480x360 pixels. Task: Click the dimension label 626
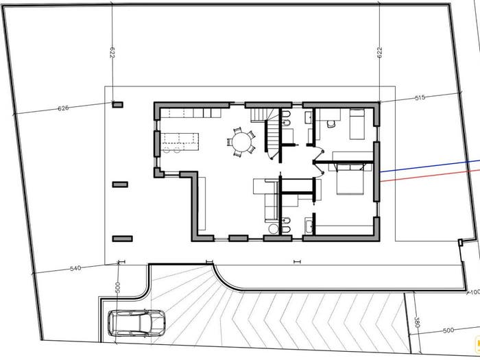tap(63, 108)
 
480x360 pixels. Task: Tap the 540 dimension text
tap(75, 269)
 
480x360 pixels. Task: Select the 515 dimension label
tap(420, 97)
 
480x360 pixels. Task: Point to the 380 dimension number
tap(417, 322)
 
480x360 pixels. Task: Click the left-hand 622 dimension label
tap(112, 52)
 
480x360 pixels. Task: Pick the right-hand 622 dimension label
tap(380, 52)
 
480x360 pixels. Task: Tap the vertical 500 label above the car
tap(118, 287)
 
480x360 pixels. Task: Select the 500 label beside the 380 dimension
tap(448, 331)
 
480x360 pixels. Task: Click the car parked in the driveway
tap(136, 323)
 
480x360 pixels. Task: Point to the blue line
tap(430, 166)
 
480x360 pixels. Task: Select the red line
tap(430, 176)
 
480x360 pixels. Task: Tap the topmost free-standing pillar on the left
tap(117, 105)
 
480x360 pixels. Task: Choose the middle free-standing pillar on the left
tap(120, 184)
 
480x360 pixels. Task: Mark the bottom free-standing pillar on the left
tap(123, 239)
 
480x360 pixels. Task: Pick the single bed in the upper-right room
tap(357, 124)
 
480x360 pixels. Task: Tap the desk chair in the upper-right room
tap(331, 123)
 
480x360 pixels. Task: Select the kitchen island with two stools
tap(180, 142)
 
